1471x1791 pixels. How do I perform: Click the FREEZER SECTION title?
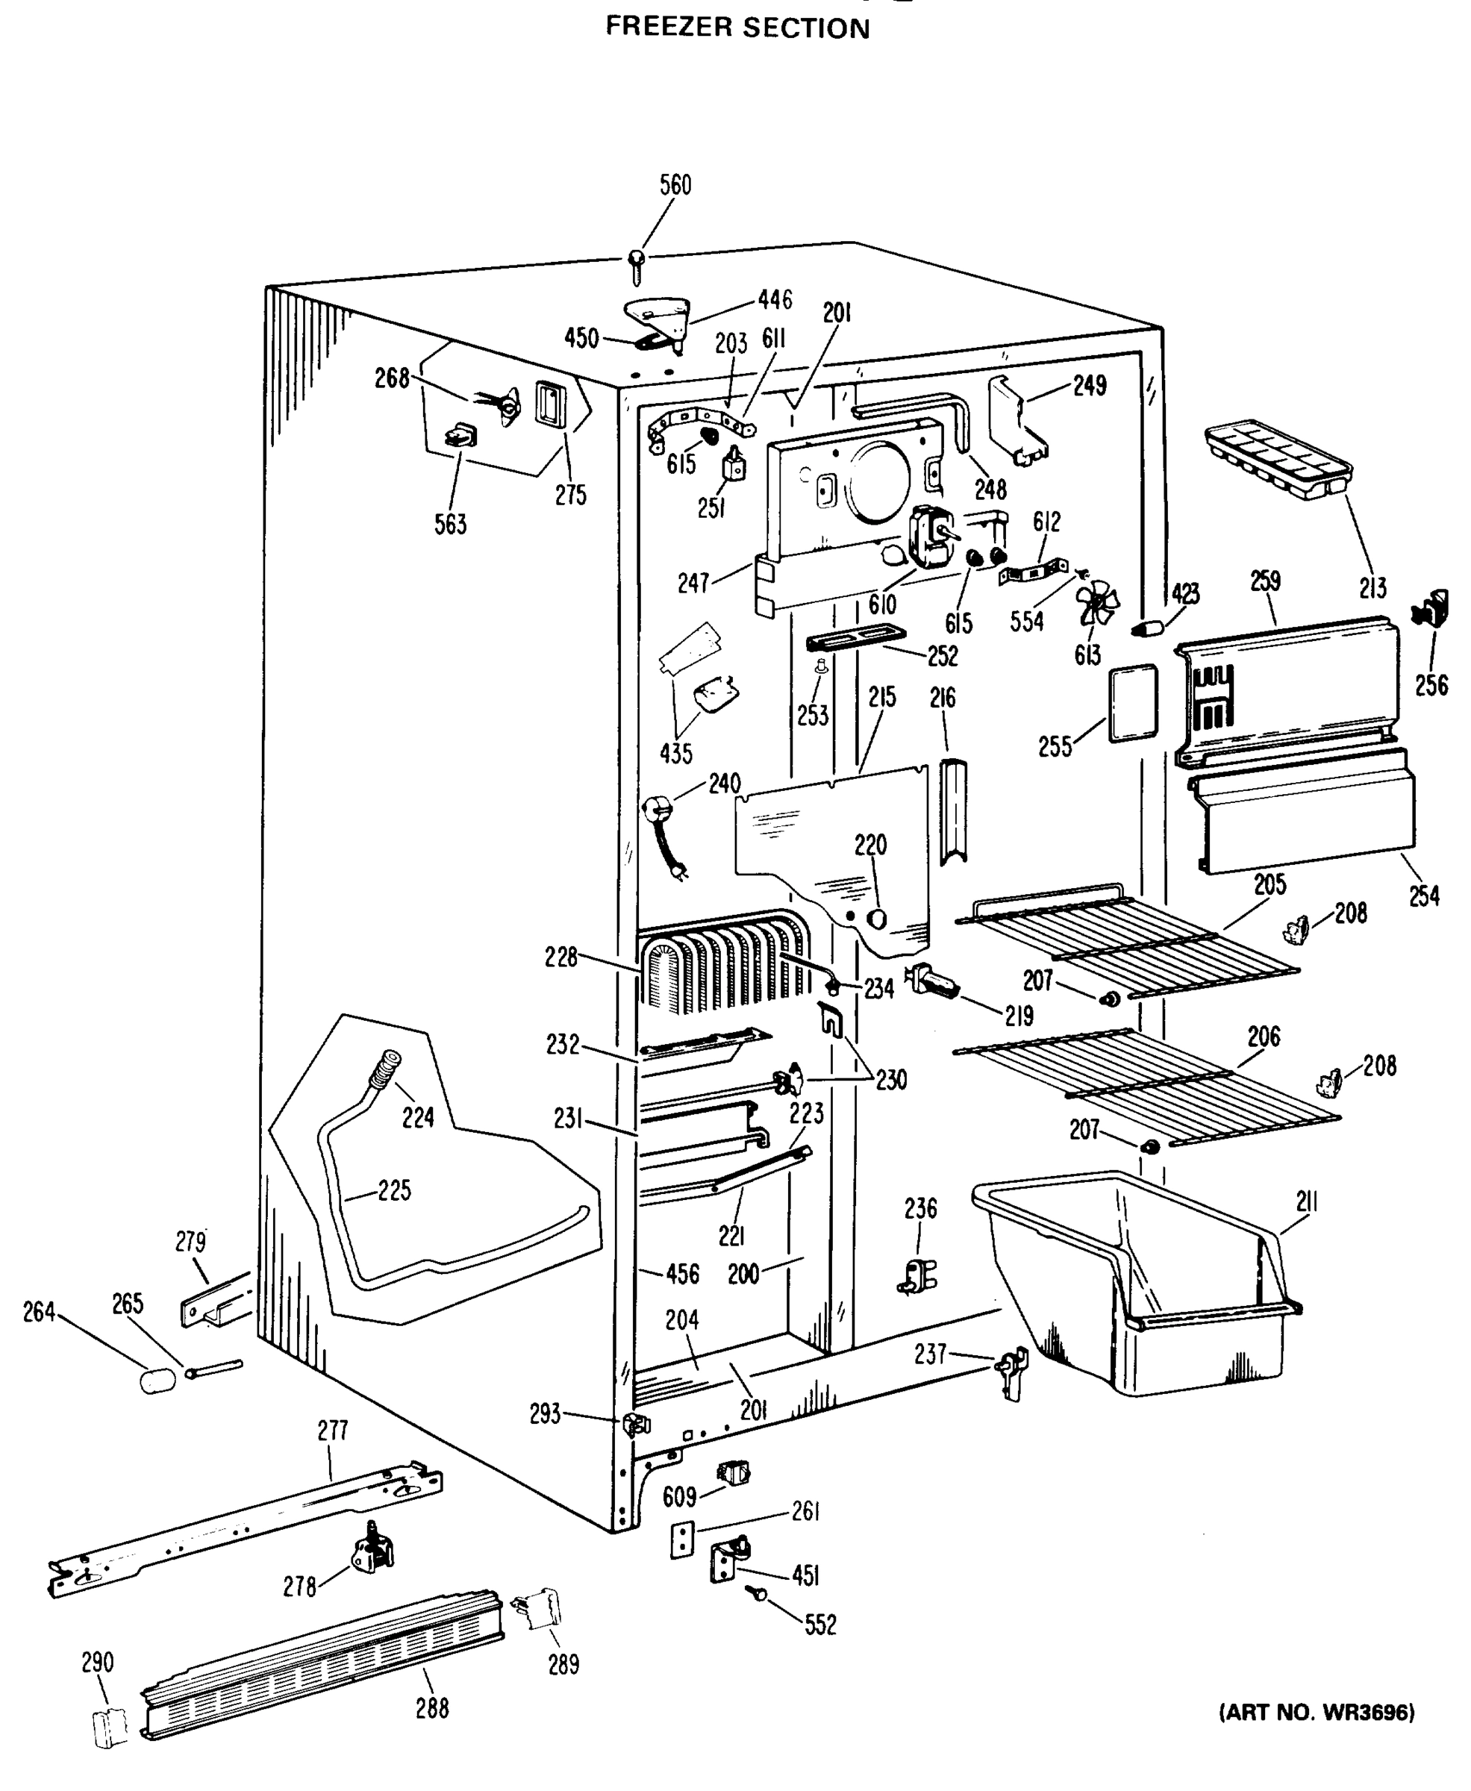pyautogui.click(x=737, y=28)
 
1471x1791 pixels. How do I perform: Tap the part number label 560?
pyautogui.click(x=675, y=184)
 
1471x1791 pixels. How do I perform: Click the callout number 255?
pyautogui.click(x=1055, y=746)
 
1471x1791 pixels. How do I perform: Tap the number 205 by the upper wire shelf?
pyautogui.click(x=1269, y=884)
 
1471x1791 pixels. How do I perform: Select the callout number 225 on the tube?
pyautogui.click(x=394, y=1190)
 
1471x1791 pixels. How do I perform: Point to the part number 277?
pyautogui.click(x=332, y=1431)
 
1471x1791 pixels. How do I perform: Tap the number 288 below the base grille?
pyautogui.click(x=431, y=1709)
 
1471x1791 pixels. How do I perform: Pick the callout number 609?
pyautogui.click(x=680, y=1497)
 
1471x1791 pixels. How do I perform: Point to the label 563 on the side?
pyautogui.click(x=450, y=525)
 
